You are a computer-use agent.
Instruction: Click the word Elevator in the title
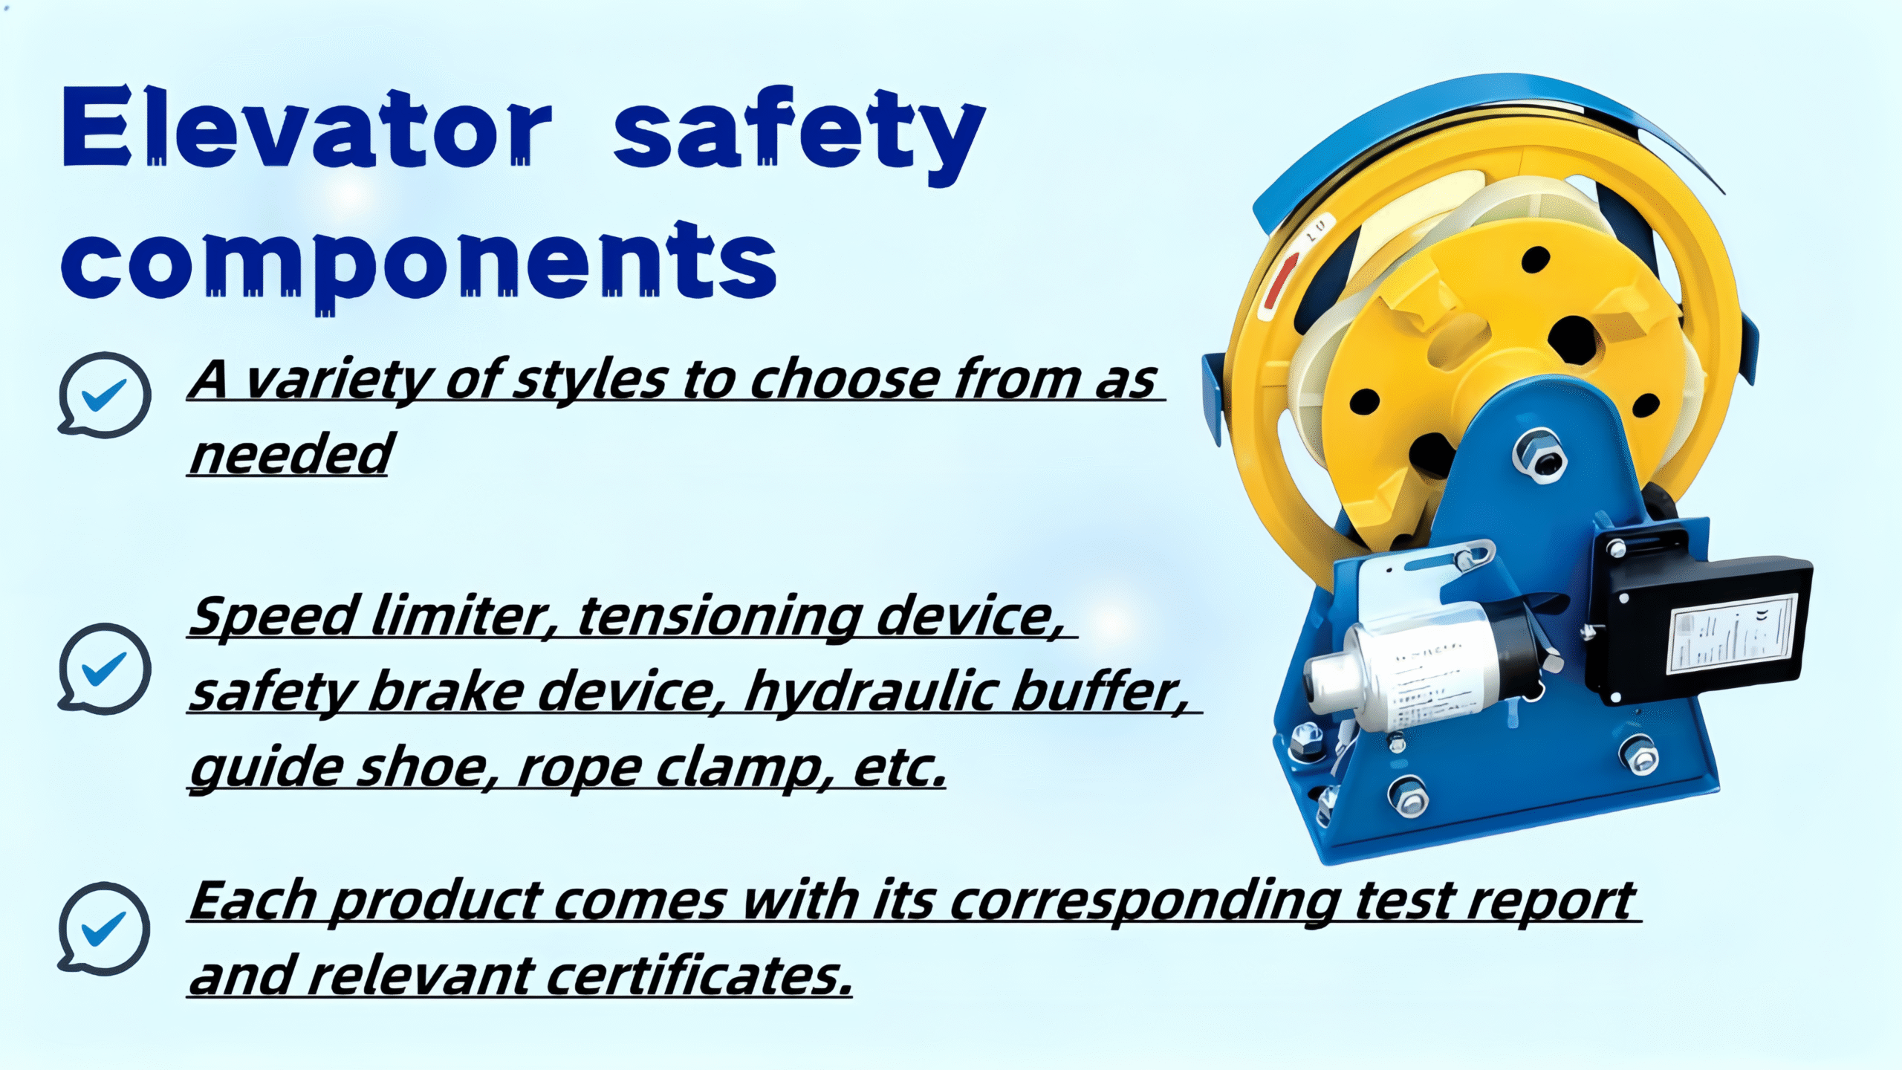pos(308,128)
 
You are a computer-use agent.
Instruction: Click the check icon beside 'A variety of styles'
pos(104,395)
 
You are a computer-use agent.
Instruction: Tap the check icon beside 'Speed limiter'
pos(104,667)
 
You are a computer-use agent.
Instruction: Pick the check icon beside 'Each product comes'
pos(104,929)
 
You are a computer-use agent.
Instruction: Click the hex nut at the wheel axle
pos(1539,455)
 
